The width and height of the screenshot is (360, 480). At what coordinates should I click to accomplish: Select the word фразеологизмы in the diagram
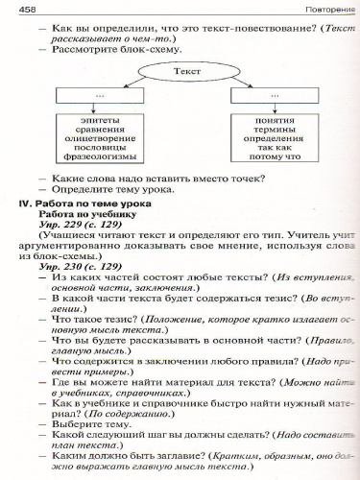pos(96,157)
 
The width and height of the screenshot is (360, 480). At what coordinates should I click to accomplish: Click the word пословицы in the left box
pos(96,148)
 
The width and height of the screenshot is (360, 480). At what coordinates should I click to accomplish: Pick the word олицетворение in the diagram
pos(96,138)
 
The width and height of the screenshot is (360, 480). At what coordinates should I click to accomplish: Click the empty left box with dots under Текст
pos(98,96)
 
